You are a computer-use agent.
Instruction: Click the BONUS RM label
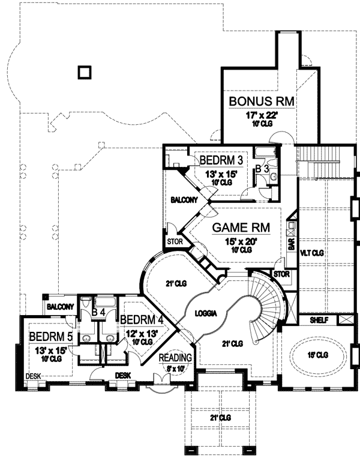tap(262, 101)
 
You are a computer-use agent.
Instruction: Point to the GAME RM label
tap(241, 228)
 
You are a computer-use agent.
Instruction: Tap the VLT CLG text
tap(312, 253)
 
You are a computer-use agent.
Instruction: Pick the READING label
tap(175, 358)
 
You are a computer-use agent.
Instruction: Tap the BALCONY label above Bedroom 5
tap(59, 307)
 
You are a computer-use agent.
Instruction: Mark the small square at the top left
tap(85, 73)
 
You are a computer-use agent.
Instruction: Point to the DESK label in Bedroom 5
tap(32, 376)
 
